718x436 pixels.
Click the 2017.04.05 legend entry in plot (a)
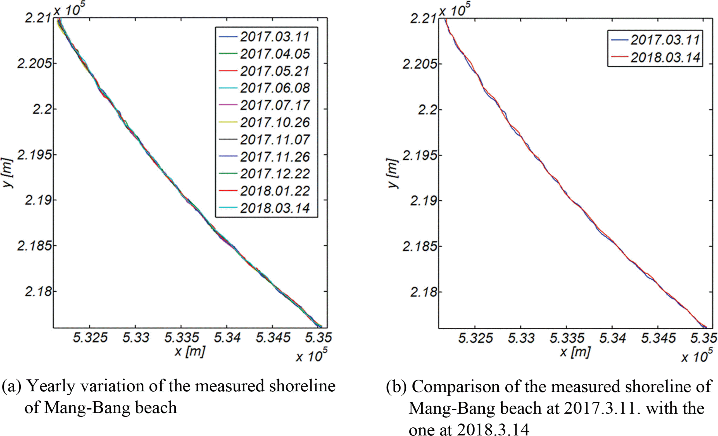coord(275,54)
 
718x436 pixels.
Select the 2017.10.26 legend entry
coord(275,123)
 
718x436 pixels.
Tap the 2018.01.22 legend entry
coord(275,191)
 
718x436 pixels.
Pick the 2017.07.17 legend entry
coord(275,105)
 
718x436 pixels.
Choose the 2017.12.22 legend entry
coord(275,174)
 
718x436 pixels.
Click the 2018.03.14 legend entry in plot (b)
coord(665,58)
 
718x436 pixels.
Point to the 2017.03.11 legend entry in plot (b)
coord(665,40)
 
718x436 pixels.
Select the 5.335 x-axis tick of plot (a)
coord(182,338)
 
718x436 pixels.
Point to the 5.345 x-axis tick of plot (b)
coord(658,338)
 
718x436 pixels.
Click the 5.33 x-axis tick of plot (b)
coord(521,338)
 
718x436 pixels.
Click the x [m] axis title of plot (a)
coord(190,351)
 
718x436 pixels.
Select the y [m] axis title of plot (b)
coord(393,173)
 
